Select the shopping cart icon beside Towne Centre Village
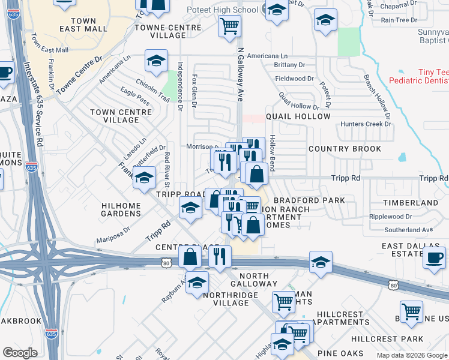[229, 26]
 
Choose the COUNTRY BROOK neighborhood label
[345, 149]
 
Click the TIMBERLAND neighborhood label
[411, 203]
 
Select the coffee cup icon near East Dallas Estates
[434, 257]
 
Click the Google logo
[20, 353]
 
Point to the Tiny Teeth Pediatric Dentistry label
[418, 76]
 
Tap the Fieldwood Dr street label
[294, 79]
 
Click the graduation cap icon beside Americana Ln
[156, 61]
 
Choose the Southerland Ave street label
[409, 230]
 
